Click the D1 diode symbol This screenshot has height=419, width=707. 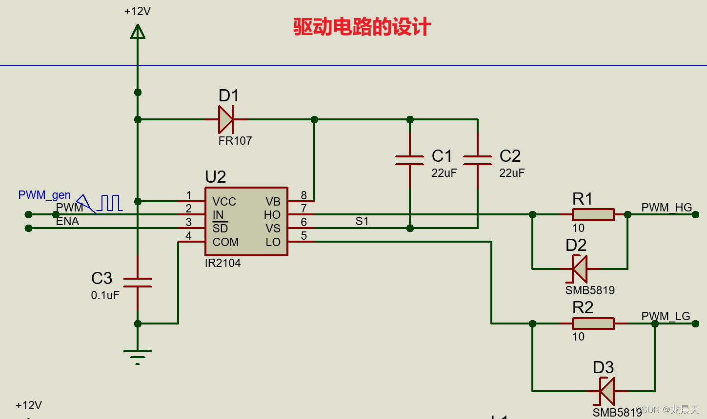226,119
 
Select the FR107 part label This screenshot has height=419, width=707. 235,141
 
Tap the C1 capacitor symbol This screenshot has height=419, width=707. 410,160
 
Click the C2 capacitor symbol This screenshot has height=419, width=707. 478,160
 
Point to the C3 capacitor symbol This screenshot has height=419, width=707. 138,282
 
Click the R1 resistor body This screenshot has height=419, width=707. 593,214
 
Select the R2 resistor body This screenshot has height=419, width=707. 593,324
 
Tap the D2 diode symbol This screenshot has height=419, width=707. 580,268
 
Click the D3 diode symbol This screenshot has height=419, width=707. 607,391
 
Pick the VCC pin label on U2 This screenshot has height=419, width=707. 224,202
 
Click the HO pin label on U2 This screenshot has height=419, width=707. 272,215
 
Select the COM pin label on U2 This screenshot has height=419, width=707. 225,242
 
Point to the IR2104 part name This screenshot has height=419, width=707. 222,263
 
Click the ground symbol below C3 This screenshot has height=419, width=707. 138,356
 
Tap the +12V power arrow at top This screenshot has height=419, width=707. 138,32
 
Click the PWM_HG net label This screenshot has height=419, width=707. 667,208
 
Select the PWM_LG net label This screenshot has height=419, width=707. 666,316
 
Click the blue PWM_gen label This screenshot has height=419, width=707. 44,195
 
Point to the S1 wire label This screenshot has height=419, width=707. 362,221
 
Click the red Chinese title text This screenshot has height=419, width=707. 362,27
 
